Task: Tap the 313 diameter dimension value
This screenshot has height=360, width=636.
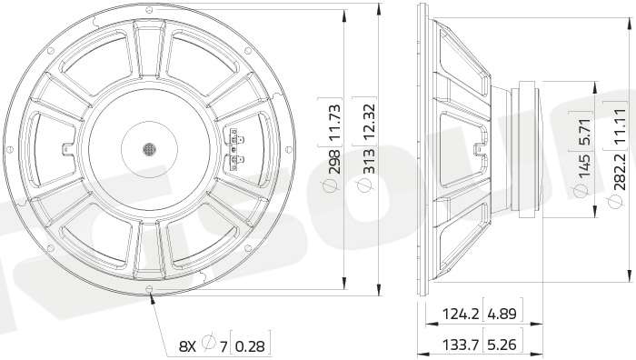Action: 369,162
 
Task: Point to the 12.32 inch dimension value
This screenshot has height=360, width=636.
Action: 369,123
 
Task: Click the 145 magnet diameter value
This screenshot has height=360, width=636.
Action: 584,165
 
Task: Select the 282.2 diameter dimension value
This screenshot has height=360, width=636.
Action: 620,169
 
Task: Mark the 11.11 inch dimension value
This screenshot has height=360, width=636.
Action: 620,125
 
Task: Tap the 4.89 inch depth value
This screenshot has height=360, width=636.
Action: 502,314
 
